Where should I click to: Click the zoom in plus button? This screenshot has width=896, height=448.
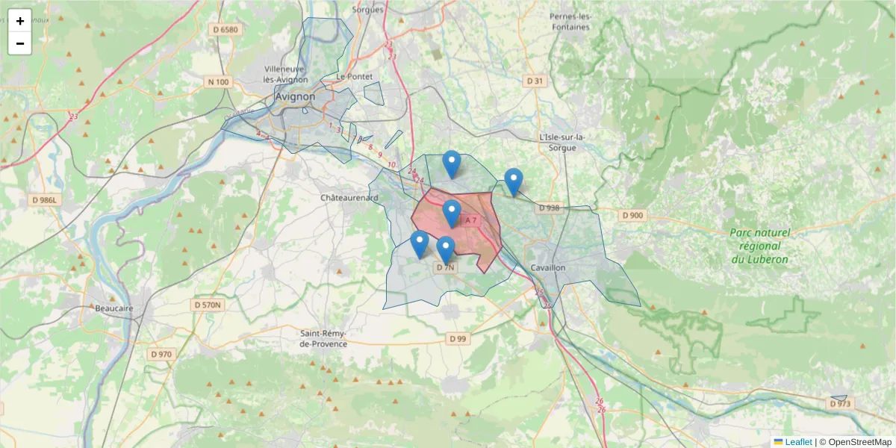[x=20, y=21]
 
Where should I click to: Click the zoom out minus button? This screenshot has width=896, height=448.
[x=20, y=43]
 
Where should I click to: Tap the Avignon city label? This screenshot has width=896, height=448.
[x=295, y=96]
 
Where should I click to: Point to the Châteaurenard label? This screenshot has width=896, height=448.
[x=350, y=198]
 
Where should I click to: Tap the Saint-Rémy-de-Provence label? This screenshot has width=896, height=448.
[x=323, y=339]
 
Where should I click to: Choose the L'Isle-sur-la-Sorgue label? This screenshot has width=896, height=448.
[x=562, y=143]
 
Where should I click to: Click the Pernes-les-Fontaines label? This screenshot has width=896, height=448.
[x=570, y=22]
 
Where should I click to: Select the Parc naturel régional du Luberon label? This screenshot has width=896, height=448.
[x=759, y=246]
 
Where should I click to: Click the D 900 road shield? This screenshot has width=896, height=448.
[x=632, y=215]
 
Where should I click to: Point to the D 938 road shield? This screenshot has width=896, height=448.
[x=548, y=208]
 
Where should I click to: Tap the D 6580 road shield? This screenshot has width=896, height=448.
[x=224, y=30]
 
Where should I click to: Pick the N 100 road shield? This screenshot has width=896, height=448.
[x=219, y=81]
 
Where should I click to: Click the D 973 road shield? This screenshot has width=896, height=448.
[x=839, y=403]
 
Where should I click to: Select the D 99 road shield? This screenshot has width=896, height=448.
[x=458, y=339]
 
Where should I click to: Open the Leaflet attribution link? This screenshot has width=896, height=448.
[x=797, y=442]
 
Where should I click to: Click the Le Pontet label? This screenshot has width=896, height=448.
[x=353, y=76]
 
